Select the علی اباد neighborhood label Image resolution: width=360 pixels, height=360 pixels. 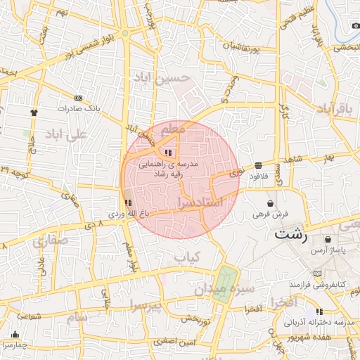tap(65, 134)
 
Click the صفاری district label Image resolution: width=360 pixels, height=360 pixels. tap(49, 241)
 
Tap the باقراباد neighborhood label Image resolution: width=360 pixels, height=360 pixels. tap(333, 108)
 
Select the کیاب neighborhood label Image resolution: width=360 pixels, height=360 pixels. tap(188, 257)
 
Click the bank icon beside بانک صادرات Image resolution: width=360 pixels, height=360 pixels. tap(78, 98)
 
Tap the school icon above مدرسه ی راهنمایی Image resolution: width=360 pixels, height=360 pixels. tap(167, 153)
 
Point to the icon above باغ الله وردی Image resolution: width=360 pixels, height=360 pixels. tap(127, 202)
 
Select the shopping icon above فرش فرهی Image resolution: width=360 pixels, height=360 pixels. tap(271, 202)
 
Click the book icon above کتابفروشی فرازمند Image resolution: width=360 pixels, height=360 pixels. tap(319, 273)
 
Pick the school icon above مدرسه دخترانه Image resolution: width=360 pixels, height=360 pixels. tap(320, 311)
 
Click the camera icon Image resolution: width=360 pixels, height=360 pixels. tap(355, 26)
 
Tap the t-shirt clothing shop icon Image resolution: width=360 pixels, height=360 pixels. tap(32, 111)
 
